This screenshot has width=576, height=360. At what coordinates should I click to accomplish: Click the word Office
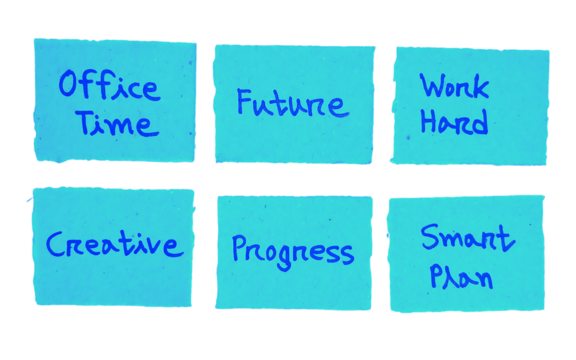(x=108, y=86)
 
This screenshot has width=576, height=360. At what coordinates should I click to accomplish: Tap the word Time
(x=117, y=123)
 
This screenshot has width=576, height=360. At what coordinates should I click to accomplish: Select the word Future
(x=291, y=104)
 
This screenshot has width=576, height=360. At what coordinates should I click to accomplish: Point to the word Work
(x=453, y=86)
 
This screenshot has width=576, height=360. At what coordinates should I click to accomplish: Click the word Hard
(x=453, y=122)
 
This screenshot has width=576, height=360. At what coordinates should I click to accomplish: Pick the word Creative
(x=113, y=244)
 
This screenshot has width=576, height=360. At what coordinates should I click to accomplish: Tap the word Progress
(x=292, y=251)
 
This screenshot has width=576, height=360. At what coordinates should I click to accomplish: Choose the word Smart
(x=466, y=239)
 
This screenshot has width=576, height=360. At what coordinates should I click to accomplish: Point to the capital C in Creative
(x=57, y=245)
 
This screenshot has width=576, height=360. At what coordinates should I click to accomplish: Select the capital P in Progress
(x=241, y=250)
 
